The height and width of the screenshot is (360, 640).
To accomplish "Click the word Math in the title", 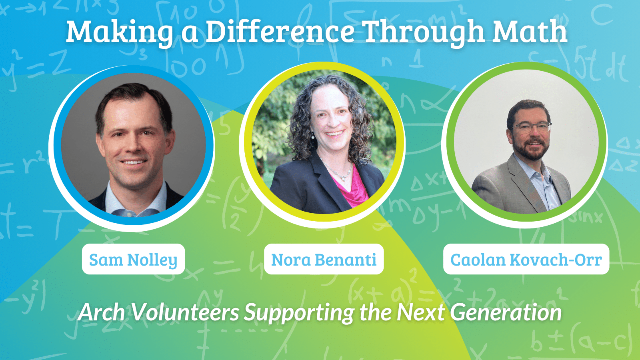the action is [530, 32].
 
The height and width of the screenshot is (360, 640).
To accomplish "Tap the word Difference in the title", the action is [280, 32].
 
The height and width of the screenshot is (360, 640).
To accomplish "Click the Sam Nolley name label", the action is [134, 259].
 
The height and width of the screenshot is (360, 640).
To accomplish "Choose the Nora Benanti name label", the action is [324, 259].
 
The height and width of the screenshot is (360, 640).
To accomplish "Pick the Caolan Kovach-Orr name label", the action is [526, 259].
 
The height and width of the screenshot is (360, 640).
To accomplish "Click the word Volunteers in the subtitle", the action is [185, 312].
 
